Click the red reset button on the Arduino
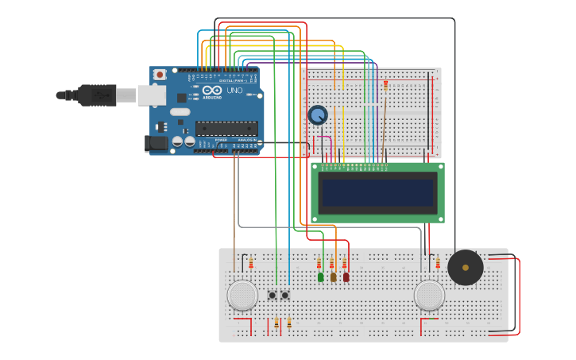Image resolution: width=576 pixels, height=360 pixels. [x=160, y=75]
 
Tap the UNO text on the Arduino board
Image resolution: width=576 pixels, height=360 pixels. [x=234, y=91]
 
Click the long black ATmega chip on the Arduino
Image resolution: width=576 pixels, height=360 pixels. [x=226, y=128]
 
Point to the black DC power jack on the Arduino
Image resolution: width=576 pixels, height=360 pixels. [x=157, y=143]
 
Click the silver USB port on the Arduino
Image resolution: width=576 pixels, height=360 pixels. [x=151, y=95]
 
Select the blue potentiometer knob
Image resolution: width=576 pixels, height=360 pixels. [x=318, y=115]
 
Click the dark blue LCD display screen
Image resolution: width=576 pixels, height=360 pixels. [x=377, y=192]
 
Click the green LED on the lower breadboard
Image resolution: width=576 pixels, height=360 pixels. [x=320, y=277]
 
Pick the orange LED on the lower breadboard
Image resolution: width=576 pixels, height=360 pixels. [x=333, y=277]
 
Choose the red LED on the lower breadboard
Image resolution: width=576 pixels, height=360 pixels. [x=346, y=277]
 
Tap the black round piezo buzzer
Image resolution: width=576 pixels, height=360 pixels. [x=466, y=268]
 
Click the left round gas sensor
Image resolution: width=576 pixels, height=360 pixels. [x=242, y=295]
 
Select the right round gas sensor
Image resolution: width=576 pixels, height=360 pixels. [x=429, y=295]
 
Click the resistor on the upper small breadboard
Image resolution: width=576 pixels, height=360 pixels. [x=386, y=85]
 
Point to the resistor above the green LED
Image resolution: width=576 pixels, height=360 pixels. [x=319, y=264]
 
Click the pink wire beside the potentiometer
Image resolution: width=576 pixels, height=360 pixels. [x=330, y=148]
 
